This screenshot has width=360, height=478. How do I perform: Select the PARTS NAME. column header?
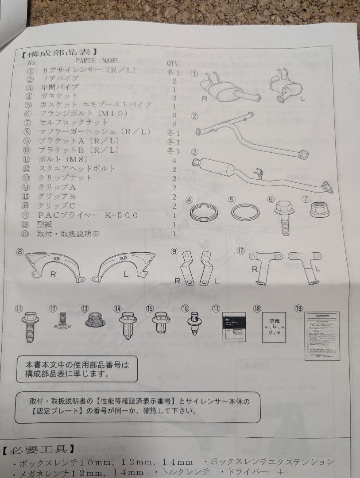[97, 62]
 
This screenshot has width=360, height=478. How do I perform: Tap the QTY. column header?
[173, 63]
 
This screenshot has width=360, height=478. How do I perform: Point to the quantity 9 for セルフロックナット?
[174, 124]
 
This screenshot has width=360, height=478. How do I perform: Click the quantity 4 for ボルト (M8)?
[174, 160]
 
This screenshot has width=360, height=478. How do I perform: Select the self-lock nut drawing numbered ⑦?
[319, 209]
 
